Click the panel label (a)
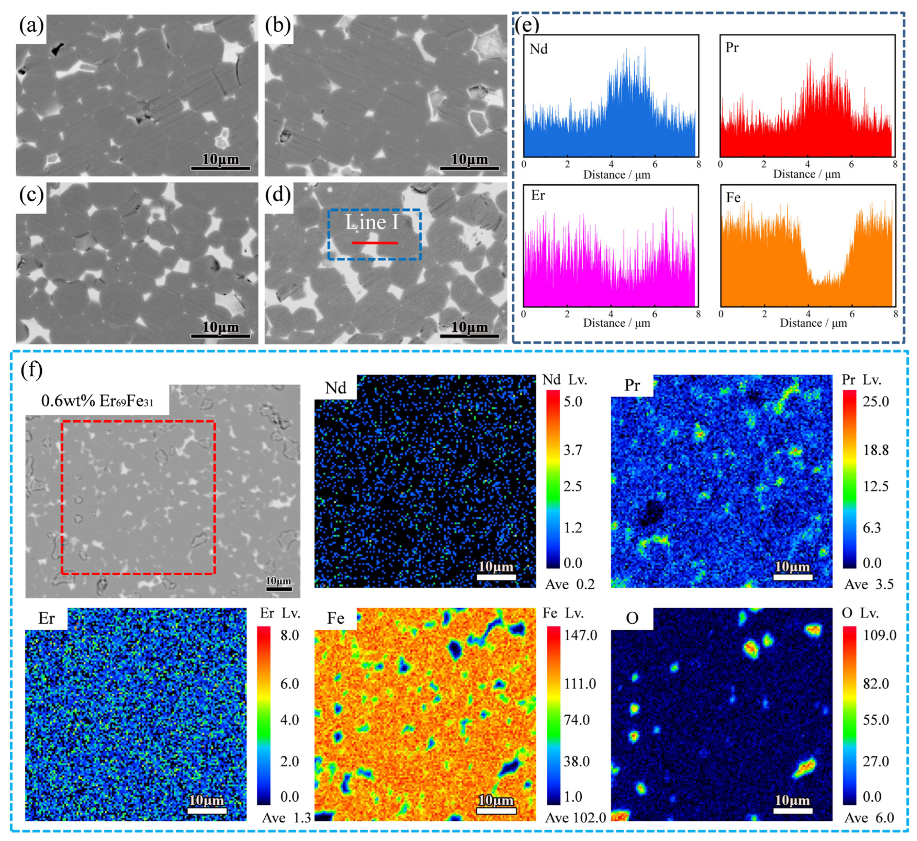(31, 27)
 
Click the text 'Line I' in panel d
(372, 223)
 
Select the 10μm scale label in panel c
(220, 327)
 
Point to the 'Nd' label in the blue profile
(538, 49)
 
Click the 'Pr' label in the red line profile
(732, 48)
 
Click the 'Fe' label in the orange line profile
(733, 198)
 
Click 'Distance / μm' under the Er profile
(616, 323)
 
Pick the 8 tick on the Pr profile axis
(894, 164)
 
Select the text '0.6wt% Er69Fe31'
(97, 401)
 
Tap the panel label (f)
(32, 369)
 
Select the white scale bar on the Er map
(207, 811)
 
